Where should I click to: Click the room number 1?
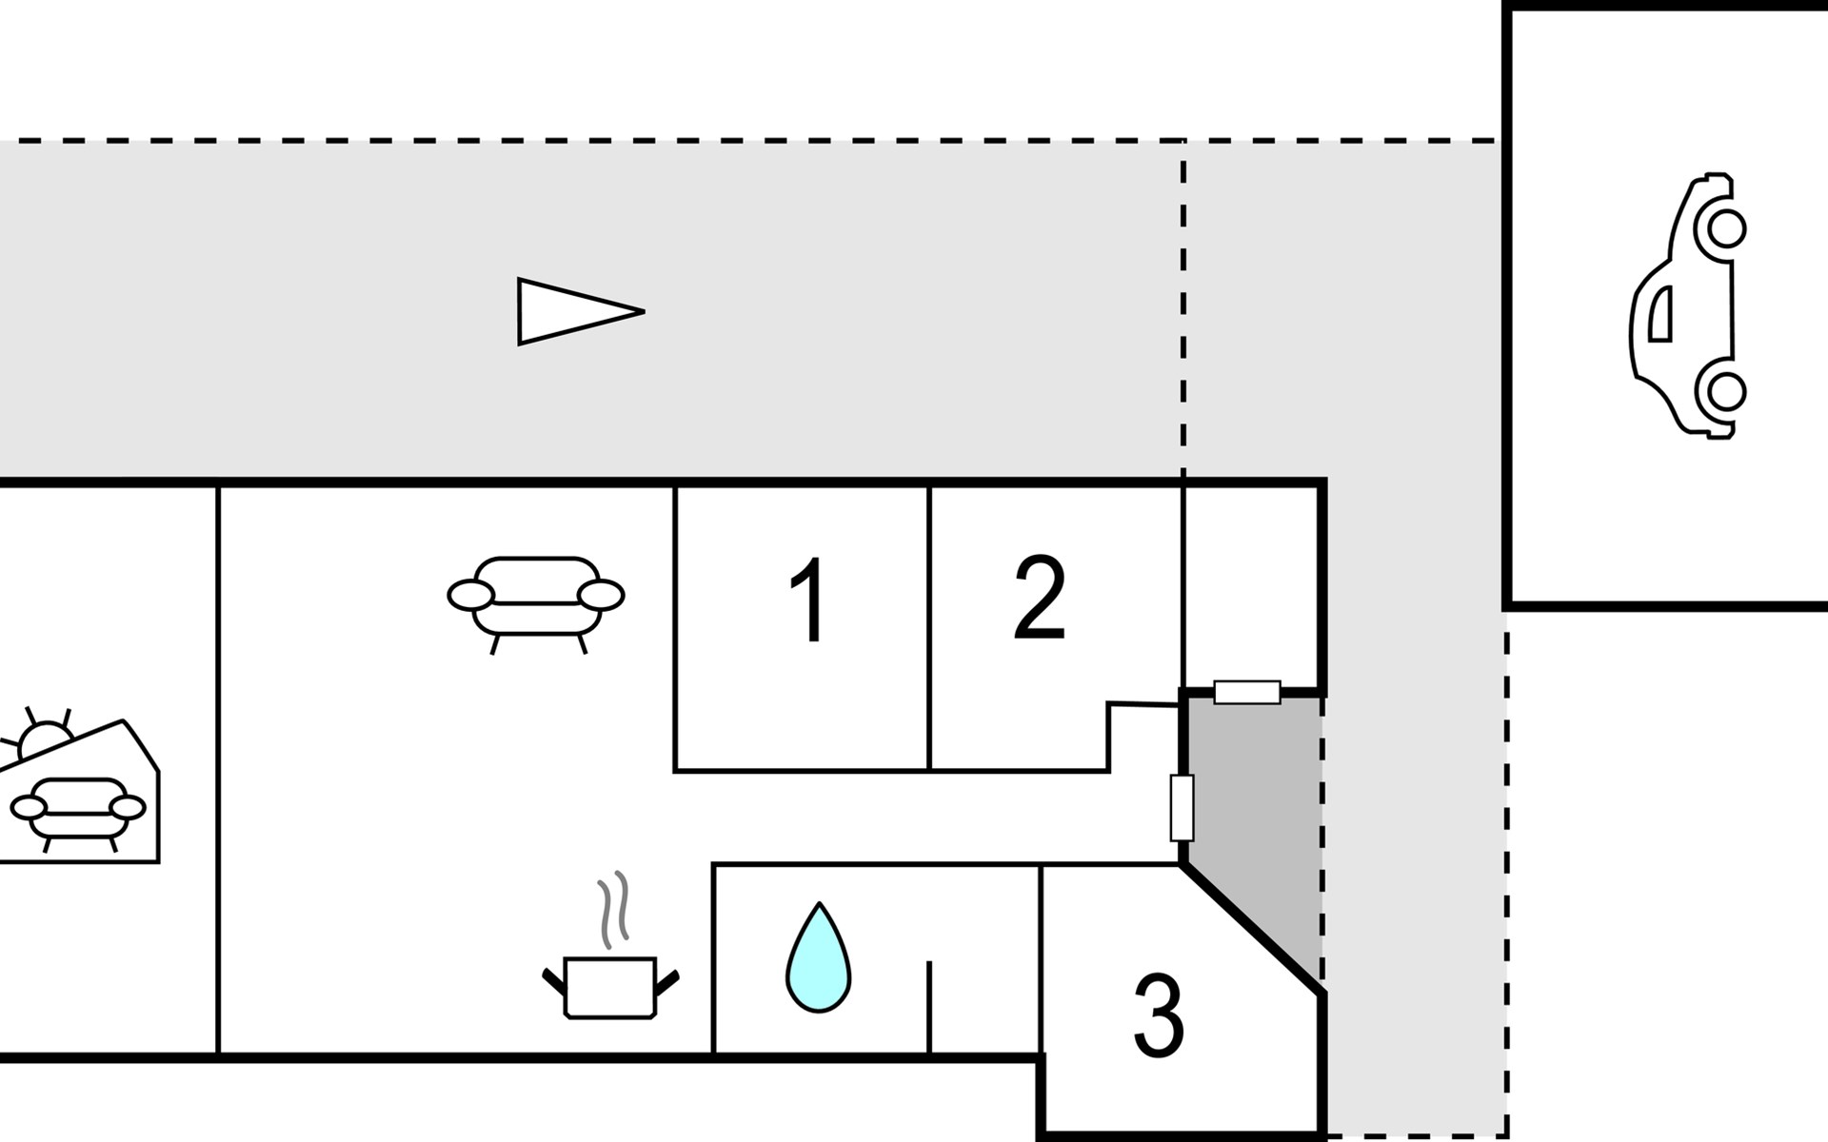tap(809, 601)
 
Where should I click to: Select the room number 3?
tap(1159, 1015)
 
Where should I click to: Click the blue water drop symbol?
tap(818, 957)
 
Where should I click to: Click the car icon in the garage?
tap(1688, 305)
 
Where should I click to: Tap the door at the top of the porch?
tap(1247, 692)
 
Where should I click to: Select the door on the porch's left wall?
tap(1182, 808)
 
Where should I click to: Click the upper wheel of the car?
tap(1726, 228)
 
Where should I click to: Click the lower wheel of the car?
tap(1726, 390)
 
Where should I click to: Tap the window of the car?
tap(1660, 313)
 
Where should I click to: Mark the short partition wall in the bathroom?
tap(929, 1007)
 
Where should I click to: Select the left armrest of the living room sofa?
tap(471, 595)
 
